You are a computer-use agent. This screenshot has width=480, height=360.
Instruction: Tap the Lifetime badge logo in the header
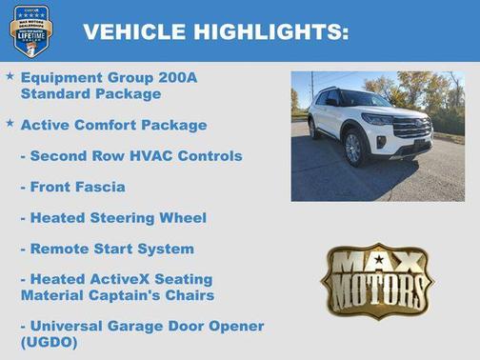[x=30, y=30]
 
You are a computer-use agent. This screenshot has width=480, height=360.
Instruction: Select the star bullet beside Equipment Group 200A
[x=10, y=75]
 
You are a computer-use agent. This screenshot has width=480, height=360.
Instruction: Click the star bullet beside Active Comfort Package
[x=10, y=123]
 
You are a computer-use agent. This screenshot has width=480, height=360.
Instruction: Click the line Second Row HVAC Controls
[x=130, y=155]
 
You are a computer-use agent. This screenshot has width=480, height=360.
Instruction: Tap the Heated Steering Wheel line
[x=112, y=218]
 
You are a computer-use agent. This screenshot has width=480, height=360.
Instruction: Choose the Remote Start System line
[x=107, y=249]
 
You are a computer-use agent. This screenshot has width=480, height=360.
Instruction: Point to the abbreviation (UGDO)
[x=49, y=342]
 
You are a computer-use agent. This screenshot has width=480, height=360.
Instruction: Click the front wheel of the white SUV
[x=353, y=148]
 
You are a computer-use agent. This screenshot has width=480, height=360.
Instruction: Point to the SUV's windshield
[x=363, y=99]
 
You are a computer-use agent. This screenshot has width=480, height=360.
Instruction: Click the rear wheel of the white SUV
[x=315, y=129]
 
